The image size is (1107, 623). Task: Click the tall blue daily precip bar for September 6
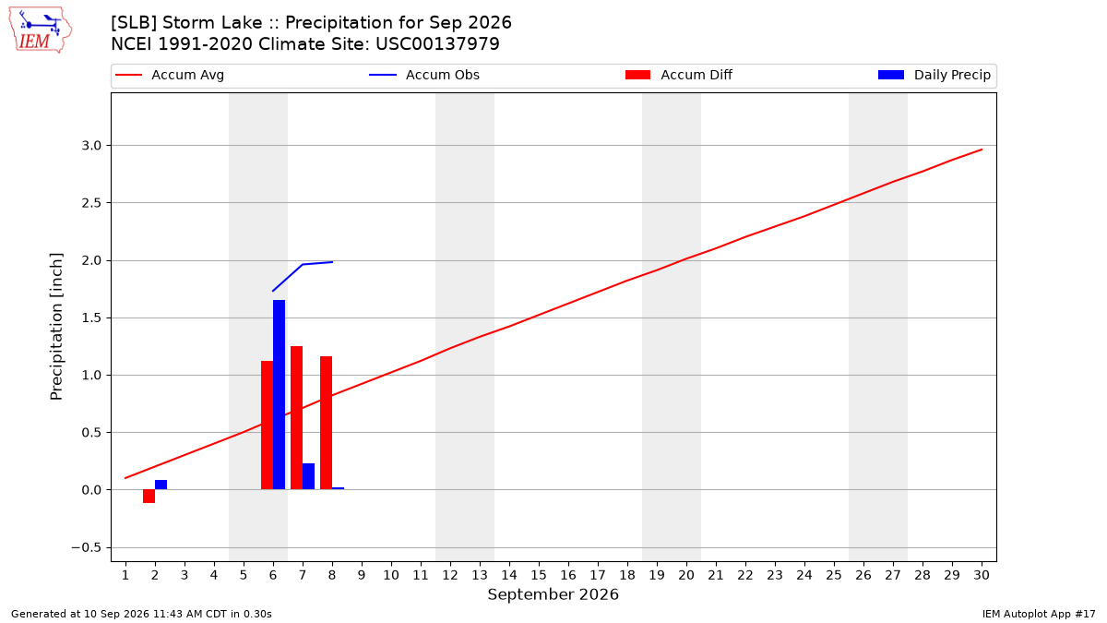279,395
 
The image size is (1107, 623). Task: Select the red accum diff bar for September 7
296,418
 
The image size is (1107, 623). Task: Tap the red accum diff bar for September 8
326,423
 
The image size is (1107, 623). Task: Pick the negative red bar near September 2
149,496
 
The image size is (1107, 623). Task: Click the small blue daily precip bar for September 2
161,485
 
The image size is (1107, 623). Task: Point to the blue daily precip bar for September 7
308,476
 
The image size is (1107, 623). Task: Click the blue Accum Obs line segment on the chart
303,265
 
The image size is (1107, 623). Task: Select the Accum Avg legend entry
170,75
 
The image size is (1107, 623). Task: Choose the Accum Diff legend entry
679,75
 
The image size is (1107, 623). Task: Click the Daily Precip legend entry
934,75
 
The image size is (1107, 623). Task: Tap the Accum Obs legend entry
424,75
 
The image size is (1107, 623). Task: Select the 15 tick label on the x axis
539,575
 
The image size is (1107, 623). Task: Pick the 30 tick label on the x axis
982,575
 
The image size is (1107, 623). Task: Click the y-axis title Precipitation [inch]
56,327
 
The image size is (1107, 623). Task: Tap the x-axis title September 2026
553,594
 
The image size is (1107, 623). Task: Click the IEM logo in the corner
41,30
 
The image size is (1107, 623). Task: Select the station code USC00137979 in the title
437,44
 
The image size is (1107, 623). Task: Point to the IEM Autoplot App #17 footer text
1039,614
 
